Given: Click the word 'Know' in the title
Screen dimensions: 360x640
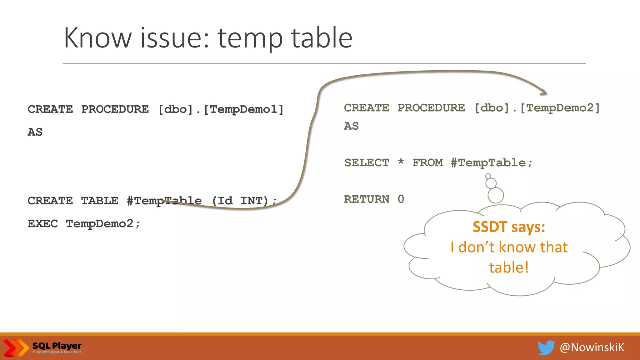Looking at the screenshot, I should tap(97, 38).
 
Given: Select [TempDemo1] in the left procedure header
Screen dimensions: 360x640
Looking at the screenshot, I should tap(243, 109).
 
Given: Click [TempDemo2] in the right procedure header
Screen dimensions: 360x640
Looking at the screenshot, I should tap(560, 108).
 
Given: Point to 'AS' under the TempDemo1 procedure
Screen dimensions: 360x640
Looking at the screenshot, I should tap(35, 132).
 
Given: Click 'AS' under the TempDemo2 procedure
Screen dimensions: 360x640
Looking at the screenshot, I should tap(351, 126).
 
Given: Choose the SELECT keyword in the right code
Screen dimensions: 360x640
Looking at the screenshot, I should tap(367, 163).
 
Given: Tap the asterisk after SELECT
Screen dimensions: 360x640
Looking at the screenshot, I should tap(401, 162).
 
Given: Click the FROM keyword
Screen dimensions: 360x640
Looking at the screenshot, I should tap(427, 163).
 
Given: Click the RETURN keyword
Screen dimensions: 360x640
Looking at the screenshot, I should tap(367, 199).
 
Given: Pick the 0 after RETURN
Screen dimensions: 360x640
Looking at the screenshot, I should tap(401, 199).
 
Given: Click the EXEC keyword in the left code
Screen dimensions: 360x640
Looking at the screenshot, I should tap(43, 224).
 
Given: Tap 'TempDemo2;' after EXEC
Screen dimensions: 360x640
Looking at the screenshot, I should tap(103, 224).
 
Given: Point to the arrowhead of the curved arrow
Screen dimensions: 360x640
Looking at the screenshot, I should tap(543, 92).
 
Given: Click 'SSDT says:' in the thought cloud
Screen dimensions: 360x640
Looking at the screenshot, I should tap(509, 227).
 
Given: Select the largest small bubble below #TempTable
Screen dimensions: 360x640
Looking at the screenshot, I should tap(496, 195).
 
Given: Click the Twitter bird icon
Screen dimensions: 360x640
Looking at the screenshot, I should tap(546, 347).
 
